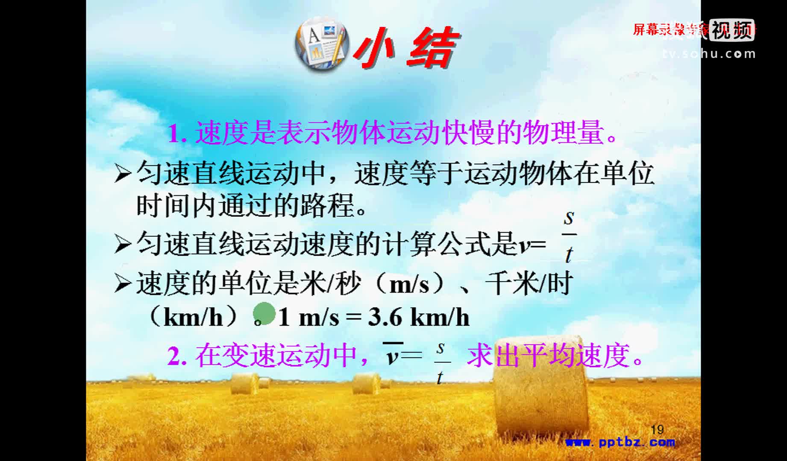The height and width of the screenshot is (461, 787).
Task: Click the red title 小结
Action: [406, 48]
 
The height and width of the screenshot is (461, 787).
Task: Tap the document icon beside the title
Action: [321, 45]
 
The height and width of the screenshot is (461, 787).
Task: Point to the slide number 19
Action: [657, 429]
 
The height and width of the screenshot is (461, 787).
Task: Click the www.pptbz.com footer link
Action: [620, 442]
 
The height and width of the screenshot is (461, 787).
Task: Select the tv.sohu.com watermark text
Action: [709, 54]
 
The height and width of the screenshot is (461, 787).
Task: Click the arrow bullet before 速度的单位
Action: [123, 284]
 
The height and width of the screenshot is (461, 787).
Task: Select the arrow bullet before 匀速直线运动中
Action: [123, 174]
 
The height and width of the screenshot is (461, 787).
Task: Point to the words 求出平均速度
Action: [549, 356]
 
